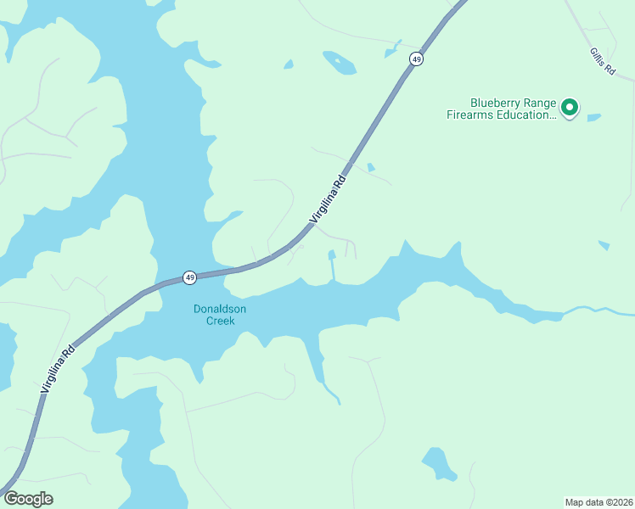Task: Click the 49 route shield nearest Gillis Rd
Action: pos(416,59)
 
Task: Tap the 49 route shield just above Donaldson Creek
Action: pos(190,277)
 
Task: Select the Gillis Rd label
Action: pos(602,62)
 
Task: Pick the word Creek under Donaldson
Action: pos(220,322)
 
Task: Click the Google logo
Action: pos(28,499)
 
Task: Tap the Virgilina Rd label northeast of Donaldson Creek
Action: pos(329,199)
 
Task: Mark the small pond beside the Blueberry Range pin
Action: pos(593,117)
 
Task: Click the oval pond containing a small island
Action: pos(339,61)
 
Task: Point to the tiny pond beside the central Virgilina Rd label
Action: pos(371,168)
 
